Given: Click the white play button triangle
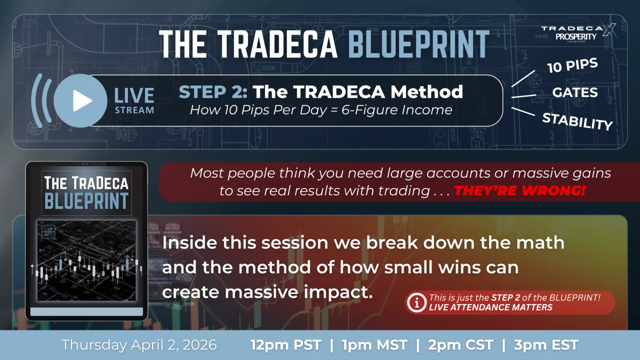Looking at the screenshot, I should click(x=82, y=101).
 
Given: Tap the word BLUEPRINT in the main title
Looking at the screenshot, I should click(x=418, y=44).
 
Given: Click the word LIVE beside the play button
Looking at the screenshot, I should click(x=134, y=95).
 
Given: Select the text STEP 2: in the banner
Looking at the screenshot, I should click(x=213, y=92).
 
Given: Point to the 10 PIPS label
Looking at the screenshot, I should click(x=572, y=68).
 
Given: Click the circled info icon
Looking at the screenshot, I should click(x=415, y=303).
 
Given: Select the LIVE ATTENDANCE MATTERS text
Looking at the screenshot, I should click(x=491, y=308).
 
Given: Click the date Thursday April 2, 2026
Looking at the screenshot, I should click(x=139, y=345).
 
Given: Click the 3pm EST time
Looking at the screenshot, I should click(x=546, y=345).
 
